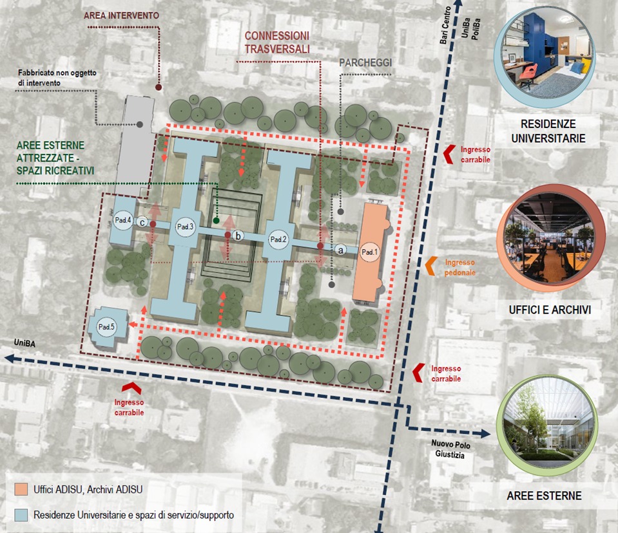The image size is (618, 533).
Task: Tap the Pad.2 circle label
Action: pyautogui.click(x=278, y=239)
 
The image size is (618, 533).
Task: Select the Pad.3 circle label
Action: pyautogui.click(x=186, y=226)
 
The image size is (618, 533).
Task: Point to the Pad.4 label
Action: pyautogui.click(x=124, y=221)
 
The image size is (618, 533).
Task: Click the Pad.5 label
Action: pyautogui.click(x=106, y=328)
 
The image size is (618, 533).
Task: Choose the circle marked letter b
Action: pyautogui.click(x=238, y=236)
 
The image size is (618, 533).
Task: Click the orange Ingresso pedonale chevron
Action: pyautogui.click(x=430, y=265)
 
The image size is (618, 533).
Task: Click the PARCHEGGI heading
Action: pyautogui.click(x=365, y=62)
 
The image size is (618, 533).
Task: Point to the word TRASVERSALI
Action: pyautogui.click(x=276, y=48)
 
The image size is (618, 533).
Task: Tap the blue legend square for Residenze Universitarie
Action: pyautogui.click(x=21, y=514)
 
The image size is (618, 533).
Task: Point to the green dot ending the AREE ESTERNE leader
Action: pyautogui.click(x=217, y=221)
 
